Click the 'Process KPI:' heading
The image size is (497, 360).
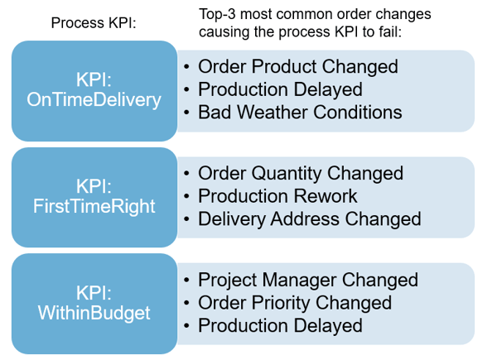tap(94, 23)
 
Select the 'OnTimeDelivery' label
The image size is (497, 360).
tap(94, 100)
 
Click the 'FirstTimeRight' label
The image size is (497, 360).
tap(94, 206)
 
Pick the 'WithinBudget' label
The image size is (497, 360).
tap(94, 313)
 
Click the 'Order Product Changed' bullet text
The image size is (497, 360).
tap(298, 66)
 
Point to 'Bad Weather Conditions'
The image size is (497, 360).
tap(300, 113)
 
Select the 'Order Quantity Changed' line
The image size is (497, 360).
tap(301, 173)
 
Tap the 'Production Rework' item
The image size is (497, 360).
tap(277, 196)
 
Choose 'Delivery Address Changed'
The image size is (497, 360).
tap(310, 219)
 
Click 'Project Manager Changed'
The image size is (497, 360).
tap(308, 281)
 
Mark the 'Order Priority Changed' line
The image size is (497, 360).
tap(295, 303)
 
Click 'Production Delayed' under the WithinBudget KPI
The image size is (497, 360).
tap(280, 326)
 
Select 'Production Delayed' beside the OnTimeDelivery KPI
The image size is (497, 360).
tap(280, 89)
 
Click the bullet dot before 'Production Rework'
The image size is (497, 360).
tap(186, 196)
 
